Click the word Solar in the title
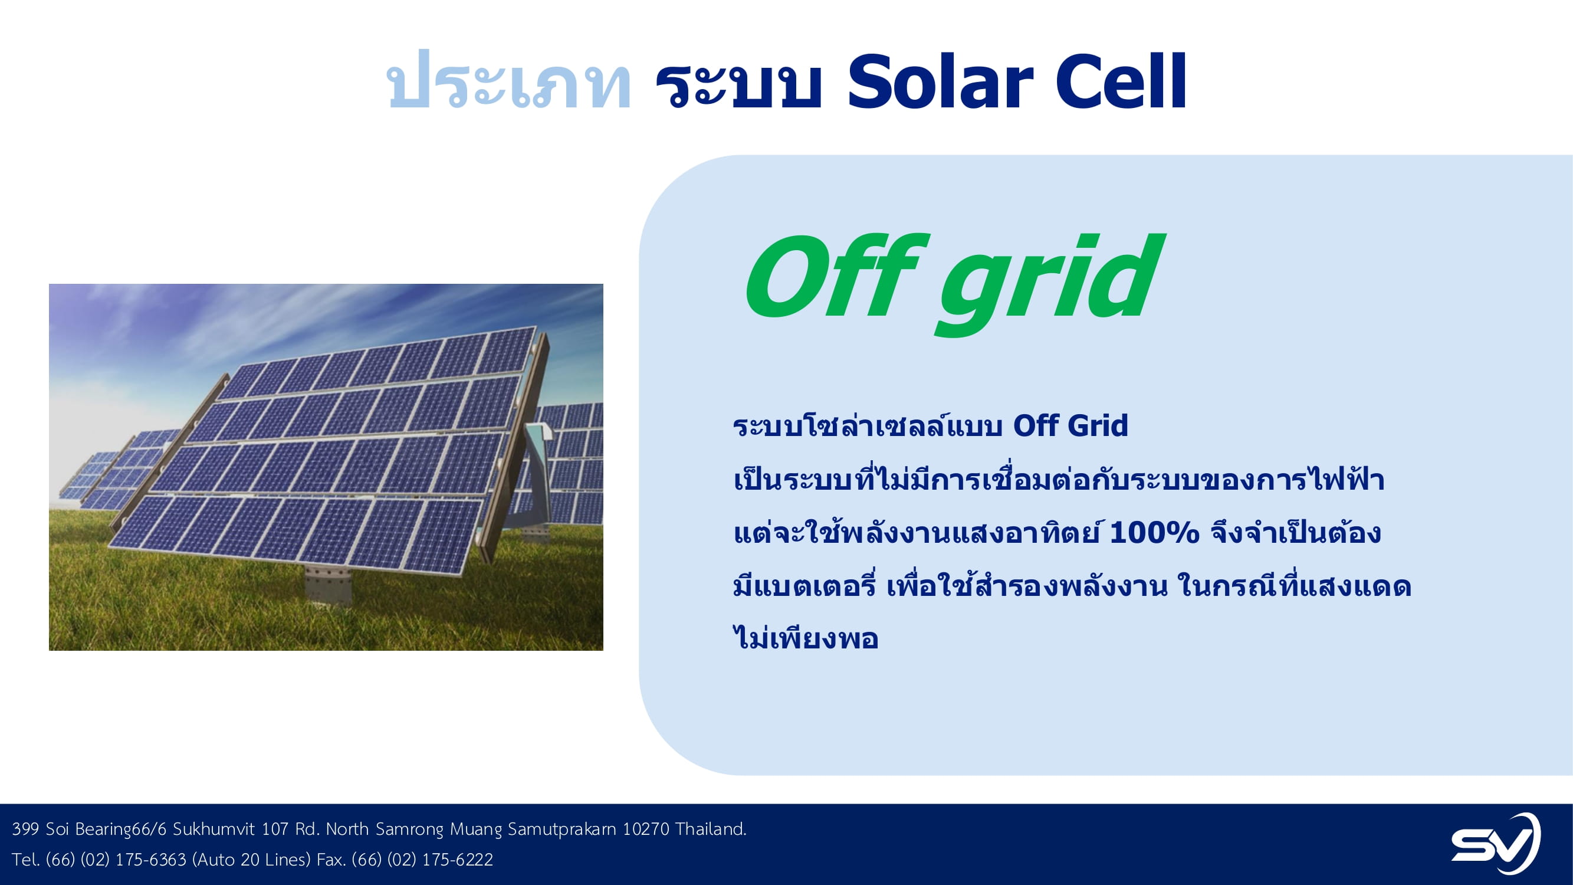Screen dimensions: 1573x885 pyautogui.click(x=940, y=82)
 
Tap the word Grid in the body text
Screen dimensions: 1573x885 pyautogui.click(x=1099, y=426)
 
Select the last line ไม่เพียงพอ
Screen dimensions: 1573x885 pyautogui.click(x=806, y=637)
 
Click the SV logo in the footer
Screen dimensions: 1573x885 pyautogui.click(x=1496, y=844)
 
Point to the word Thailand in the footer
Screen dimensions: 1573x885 pyautogui.click(x=711, y=829)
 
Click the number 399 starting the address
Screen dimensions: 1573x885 pyautogui.click(x=25, y=829)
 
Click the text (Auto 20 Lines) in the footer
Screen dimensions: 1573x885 pyautogui.click(x=252, y=860)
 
